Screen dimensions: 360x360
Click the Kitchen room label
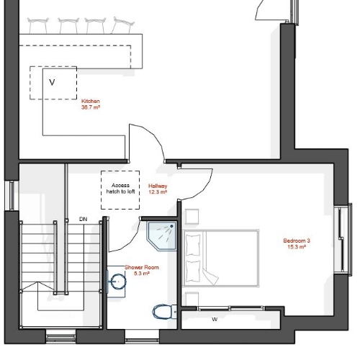[91, 104]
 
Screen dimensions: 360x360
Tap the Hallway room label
[158, 189]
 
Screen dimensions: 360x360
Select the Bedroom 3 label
[297, 243]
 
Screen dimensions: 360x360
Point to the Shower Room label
[142, 270]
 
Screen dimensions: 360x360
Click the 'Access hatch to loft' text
[120, 189]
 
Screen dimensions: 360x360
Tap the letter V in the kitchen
[52, 82]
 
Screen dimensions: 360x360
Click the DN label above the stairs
[83, 219]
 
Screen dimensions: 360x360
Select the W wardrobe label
[215, 320]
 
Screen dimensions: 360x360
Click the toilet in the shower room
[165, 312]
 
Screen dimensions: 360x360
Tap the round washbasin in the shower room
[117, 282]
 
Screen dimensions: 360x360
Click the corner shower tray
[162, 236]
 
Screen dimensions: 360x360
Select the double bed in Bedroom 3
[220, 258]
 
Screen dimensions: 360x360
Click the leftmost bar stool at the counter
[38, 25]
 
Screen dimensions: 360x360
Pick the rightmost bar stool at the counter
[123, 25]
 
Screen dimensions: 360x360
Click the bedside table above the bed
[192, 217]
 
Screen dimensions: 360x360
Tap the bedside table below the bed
[192, 299]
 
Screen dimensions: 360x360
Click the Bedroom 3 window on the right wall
[343, 239]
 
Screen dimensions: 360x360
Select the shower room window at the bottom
[142, 336]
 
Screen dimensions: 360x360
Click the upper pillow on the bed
[193, 245]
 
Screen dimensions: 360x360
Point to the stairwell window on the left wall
[12, 195]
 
